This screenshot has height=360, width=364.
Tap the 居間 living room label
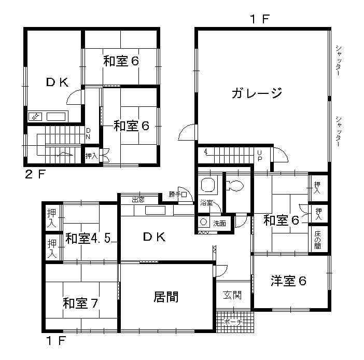pos(166,297)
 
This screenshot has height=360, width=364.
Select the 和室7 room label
pos(81,302)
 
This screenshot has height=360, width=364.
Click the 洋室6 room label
pos(289,282)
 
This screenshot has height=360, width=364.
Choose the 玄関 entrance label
pos(232,295)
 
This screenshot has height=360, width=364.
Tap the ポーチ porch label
pos(233,322)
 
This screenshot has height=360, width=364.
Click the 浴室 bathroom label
pos(206,203)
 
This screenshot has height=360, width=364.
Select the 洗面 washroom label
pos(219,224)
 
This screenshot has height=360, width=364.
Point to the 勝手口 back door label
pos(177,195)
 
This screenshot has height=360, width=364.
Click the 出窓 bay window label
pos(138,199)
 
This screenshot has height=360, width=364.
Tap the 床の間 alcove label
pos(317,239)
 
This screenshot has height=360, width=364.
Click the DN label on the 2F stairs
pos(88,133)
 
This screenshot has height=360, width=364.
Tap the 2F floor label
pos(36,174)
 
